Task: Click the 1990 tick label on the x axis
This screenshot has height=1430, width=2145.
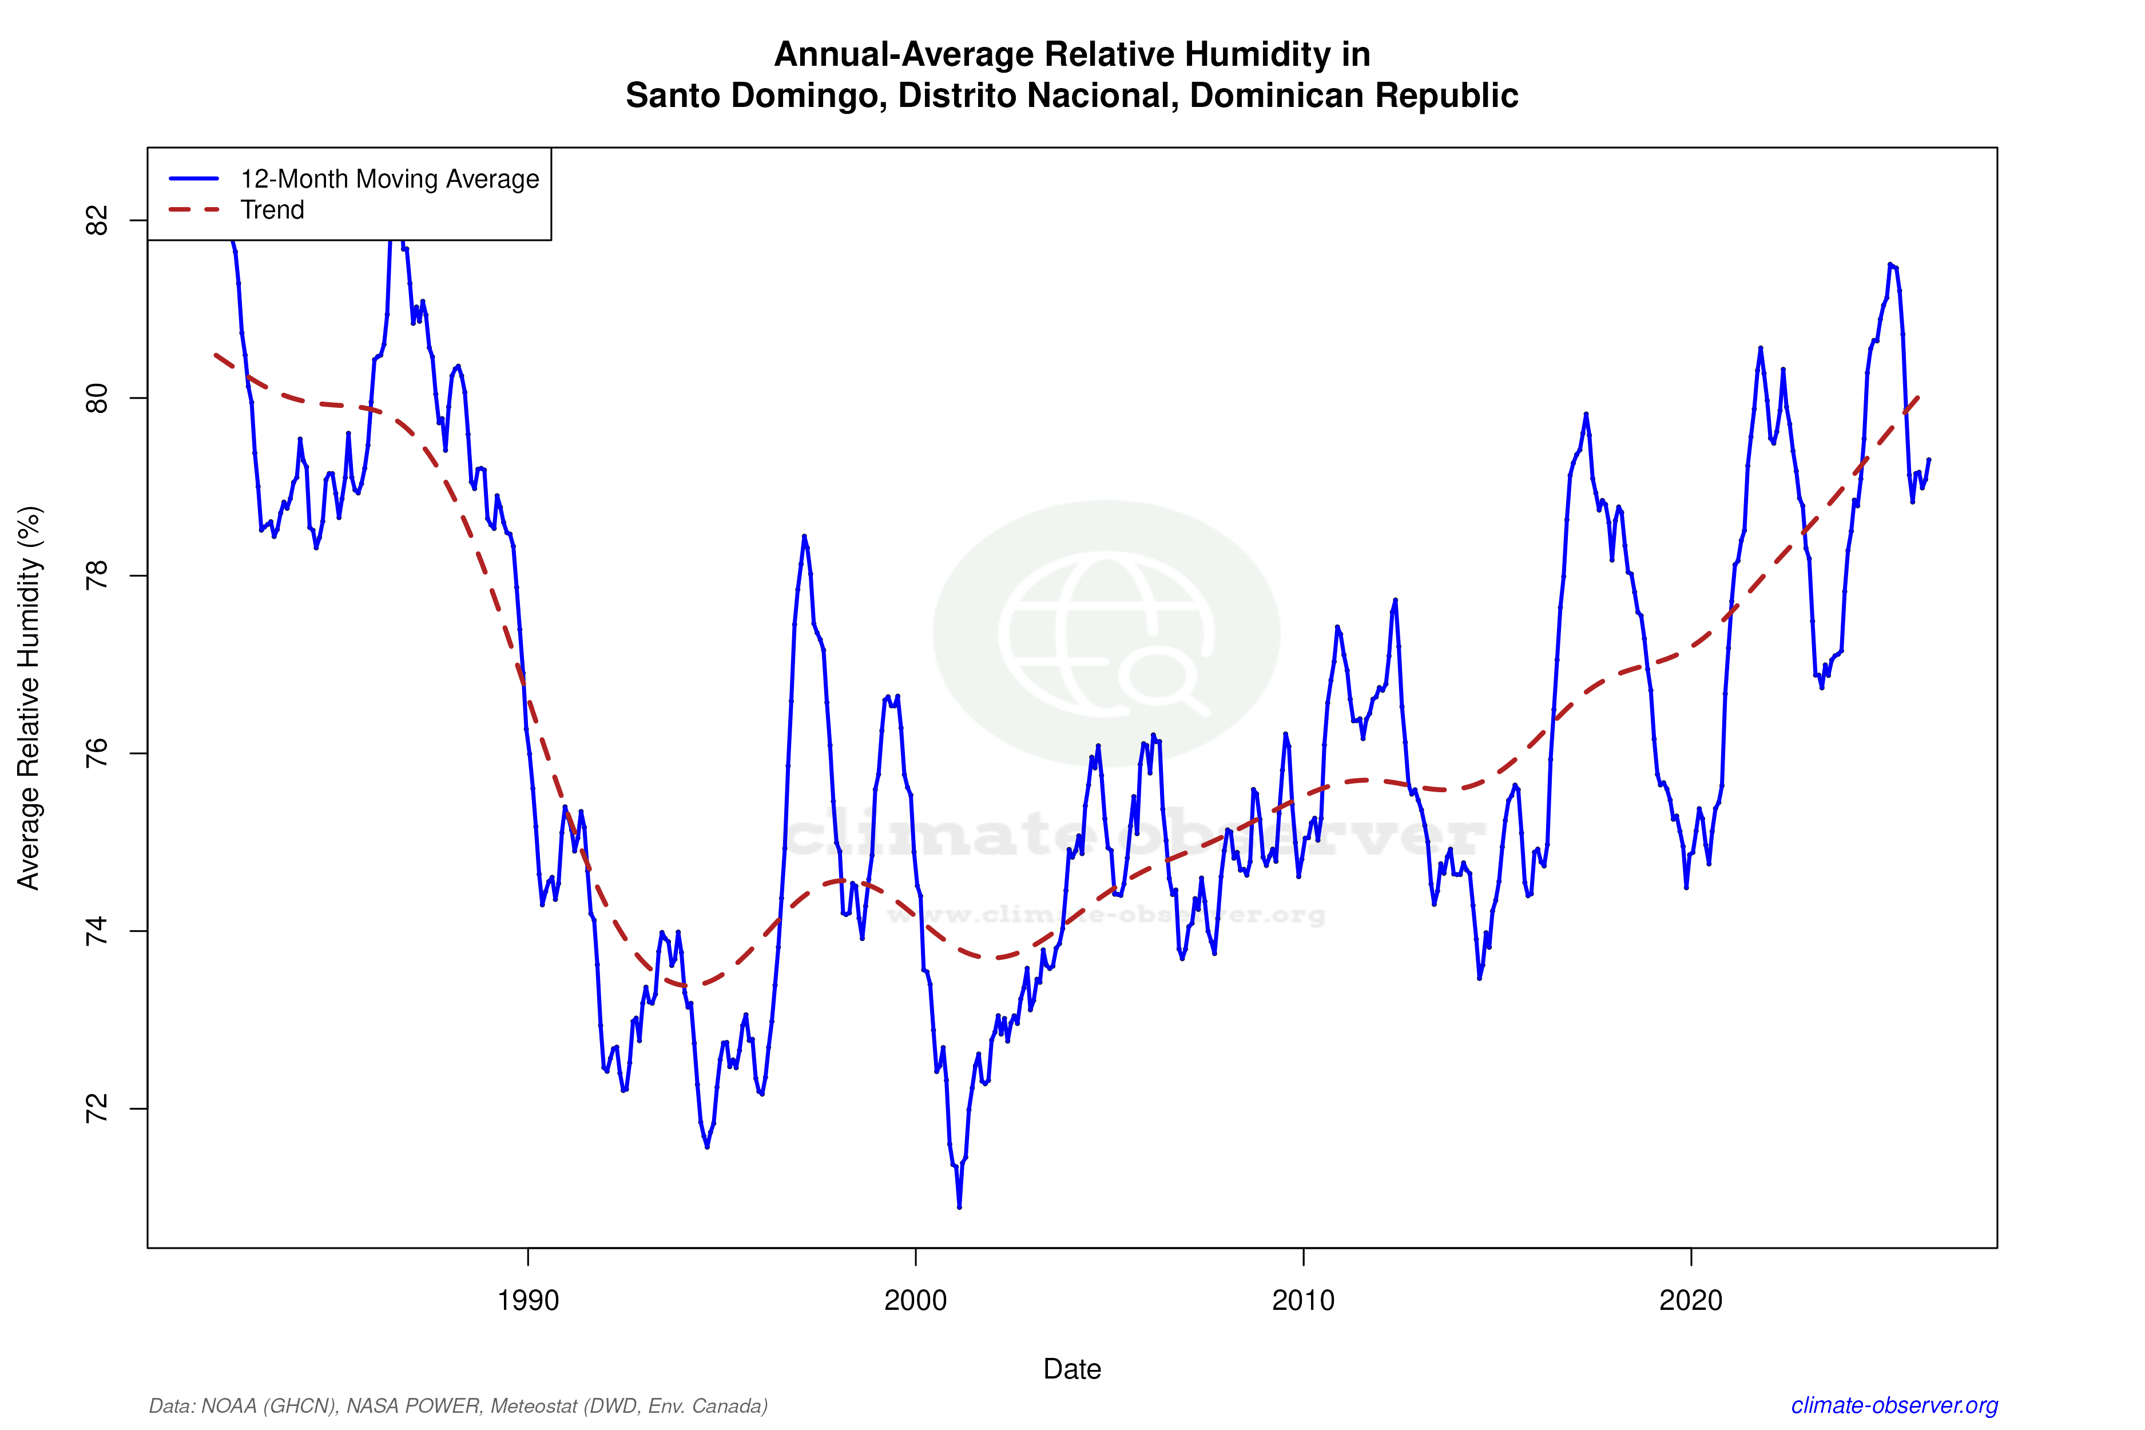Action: point(527,1300)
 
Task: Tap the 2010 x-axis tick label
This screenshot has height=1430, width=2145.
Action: point(1303,1300)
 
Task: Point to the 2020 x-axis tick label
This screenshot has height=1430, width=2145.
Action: point(1691,1300)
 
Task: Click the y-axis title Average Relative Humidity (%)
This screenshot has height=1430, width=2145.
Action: point(29,698)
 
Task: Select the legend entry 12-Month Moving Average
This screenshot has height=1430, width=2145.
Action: point(390,178)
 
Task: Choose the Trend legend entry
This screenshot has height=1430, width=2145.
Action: point(272,210)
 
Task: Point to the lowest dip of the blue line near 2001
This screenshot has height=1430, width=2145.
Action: point(959,1206)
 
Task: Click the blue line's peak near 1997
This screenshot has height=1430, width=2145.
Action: point(804,537)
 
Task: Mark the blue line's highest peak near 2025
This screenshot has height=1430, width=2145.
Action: point(1889,264)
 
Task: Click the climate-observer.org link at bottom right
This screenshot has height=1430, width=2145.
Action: point(1894,1405)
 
